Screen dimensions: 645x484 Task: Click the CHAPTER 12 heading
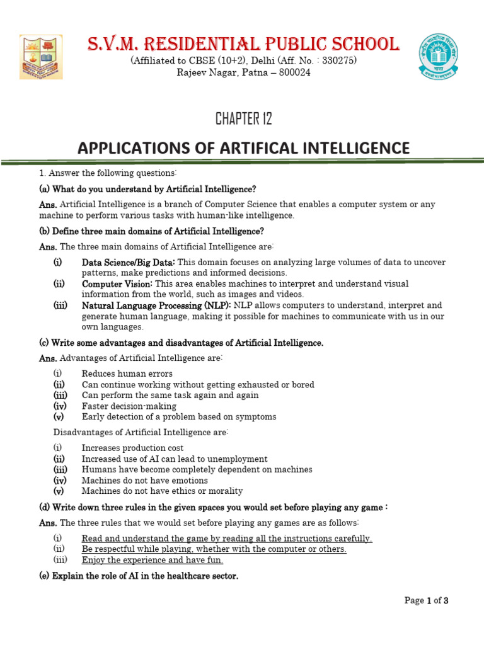point(243,118)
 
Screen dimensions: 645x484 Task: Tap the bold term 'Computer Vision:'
point(118,284)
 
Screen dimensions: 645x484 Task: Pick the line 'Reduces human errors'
point(127,374)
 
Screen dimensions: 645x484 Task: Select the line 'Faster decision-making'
point(129,406)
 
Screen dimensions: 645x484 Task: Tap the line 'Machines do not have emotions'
point(145,481)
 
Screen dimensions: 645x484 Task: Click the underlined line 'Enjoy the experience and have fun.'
point(153,560)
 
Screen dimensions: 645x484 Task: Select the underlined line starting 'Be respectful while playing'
point(214,549)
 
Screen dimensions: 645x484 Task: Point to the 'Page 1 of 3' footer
point(426,601)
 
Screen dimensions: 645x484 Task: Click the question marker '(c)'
point(44,343)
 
